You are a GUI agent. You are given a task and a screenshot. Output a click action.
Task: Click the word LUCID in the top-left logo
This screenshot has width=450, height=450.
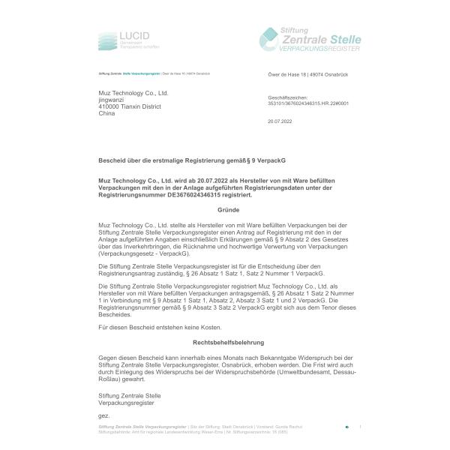[135, 34]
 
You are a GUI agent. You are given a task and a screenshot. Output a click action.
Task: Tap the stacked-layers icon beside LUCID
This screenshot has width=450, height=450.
[107, 39]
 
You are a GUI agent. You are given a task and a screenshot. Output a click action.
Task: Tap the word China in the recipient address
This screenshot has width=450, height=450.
[107, 113]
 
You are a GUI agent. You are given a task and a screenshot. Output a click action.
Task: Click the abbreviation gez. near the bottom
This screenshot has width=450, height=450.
[103, 415]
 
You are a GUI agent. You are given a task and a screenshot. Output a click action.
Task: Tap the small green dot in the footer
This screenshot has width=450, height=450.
[346, 427]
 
